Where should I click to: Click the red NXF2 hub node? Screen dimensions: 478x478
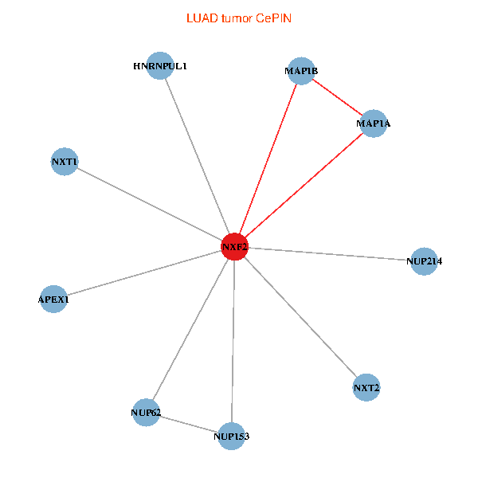point(235,247)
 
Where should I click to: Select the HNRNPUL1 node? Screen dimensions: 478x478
point(160,66)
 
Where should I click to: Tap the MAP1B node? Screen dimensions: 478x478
point(301,71)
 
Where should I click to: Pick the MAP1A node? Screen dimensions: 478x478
point(373,124)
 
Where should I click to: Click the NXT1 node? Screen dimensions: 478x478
point(64,162)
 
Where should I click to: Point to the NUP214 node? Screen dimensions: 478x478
point(424,261)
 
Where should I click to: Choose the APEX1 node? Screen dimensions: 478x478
point(53,300)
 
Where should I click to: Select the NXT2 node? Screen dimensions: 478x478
point(366,388)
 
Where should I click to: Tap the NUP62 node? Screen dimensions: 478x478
point(146,413)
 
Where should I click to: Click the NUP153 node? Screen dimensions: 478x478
point(231,436)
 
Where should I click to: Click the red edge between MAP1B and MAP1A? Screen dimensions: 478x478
point(337,97)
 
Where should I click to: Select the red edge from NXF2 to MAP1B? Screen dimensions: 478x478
point(268,159)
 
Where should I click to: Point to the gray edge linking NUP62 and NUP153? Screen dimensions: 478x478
point(188,424)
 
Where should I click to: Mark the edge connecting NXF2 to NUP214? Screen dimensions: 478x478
point(330,254)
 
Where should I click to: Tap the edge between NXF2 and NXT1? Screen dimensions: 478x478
point(150,205)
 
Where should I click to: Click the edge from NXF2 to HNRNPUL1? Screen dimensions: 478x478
point(198,156)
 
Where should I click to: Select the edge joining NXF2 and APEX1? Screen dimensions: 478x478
point(144,273)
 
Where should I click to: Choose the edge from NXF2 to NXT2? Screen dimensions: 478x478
point(300,317)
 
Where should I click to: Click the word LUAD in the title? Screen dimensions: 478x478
point(198,17)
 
